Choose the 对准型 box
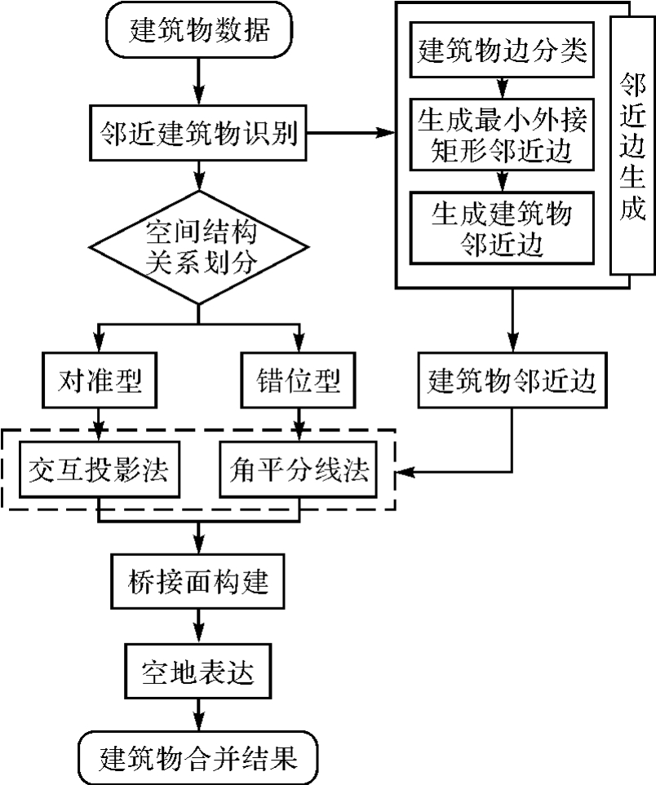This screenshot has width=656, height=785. [x=100, y=381]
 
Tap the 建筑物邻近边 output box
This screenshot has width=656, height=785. [x=512, y=381]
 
